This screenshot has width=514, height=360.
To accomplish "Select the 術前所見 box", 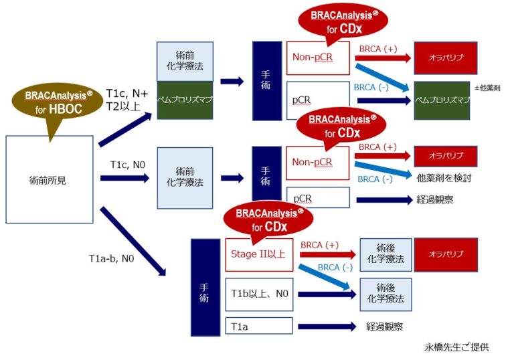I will pos(49,179).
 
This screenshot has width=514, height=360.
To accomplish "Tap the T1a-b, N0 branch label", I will pos(112,257).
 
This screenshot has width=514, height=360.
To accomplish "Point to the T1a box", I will pos(258,326).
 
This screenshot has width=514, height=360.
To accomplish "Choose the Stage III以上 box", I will pos(258,254).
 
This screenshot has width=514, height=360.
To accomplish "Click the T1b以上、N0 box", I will pos(258,293).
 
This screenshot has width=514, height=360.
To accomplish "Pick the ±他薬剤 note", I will pos(487,88).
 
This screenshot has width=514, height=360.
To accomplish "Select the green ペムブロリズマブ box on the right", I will pos(445,100).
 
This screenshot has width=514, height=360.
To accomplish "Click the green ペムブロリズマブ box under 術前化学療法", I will pos(185,100).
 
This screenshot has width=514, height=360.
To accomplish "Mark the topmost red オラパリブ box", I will pos(445,58).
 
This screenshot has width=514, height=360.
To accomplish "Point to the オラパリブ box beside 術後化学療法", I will pos(445,254).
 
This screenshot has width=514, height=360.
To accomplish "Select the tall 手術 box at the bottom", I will pos(205,288).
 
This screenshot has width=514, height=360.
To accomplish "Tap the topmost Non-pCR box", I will pos(318,58).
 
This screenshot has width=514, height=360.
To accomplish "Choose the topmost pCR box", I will pos(301,100).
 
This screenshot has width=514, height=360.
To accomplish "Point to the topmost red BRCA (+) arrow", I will pos(382,58).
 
